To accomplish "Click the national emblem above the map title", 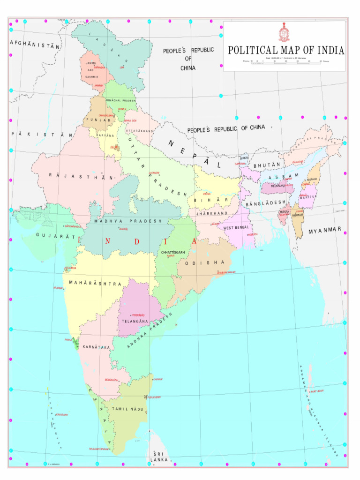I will tap(285, 33).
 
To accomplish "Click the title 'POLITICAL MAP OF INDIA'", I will tap(286, 51).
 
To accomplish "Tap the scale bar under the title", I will tap(286, 63).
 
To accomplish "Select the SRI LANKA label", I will tap(159, 457).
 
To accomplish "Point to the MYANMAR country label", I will tap(325, 231).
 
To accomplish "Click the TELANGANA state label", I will tap(135, 322).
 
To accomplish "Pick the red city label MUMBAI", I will tap(58, 288).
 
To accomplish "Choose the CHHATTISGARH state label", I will tap(173, 252).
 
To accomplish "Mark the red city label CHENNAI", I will tap(157, 379).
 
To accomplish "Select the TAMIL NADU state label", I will tap(127, 409).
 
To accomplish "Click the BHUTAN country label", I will tap(267, 165).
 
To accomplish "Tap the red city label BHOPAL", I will tap(124, 229).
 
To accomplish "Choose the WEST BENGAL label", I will tap(236, 228).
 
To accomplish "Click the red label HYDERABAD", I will tap(138, 315).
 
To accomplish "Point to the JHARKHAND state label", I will tap(212, 213).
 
